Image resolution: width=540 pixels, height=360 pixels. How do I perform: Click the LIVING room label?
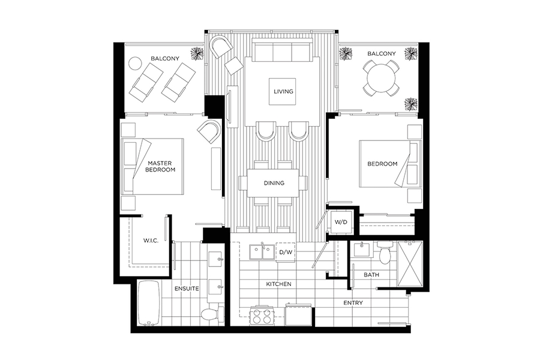[283, 91]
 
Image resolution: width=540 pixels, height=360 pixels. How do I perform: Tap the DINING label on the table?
[274, 183]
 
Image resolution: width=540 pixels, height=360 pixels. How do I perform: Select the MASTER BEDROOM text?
[160, 166]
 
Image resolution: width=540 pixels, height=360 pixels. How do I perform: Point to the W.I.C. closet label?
[151, 241]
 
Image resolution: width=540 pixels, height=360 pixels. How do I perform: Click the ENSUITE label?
[187, 289]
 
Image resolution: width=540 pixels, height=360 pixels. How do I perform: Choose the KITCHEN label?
[278, 284]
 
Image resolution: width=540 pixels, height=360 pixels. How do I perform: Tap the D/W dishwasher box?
[286, 252]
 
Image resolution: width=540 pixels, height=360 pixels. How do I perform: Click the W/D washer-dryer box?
[341, 222]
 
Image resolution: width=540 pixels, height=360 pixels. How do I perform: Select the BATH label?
[371, 275]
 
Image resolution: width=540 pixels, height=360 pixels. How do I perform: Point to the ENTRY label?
[353, 303]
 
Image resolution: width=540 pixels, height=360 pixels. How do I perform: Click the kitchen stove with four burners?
[262, 315]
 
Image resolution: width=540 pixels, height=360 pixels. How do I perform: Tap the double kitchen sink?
[262, 252]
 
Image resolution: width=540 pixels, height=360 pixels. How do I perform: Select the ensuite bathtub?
[148, 303]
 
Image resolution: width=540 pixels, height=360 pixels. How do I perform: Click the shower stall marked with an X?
[410, 263]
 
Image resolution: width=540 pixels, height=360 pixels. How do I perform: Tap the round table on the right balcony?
[381, 78]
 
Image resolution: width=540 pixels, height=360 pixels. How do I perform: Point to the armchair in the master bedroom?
[209, 131]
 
